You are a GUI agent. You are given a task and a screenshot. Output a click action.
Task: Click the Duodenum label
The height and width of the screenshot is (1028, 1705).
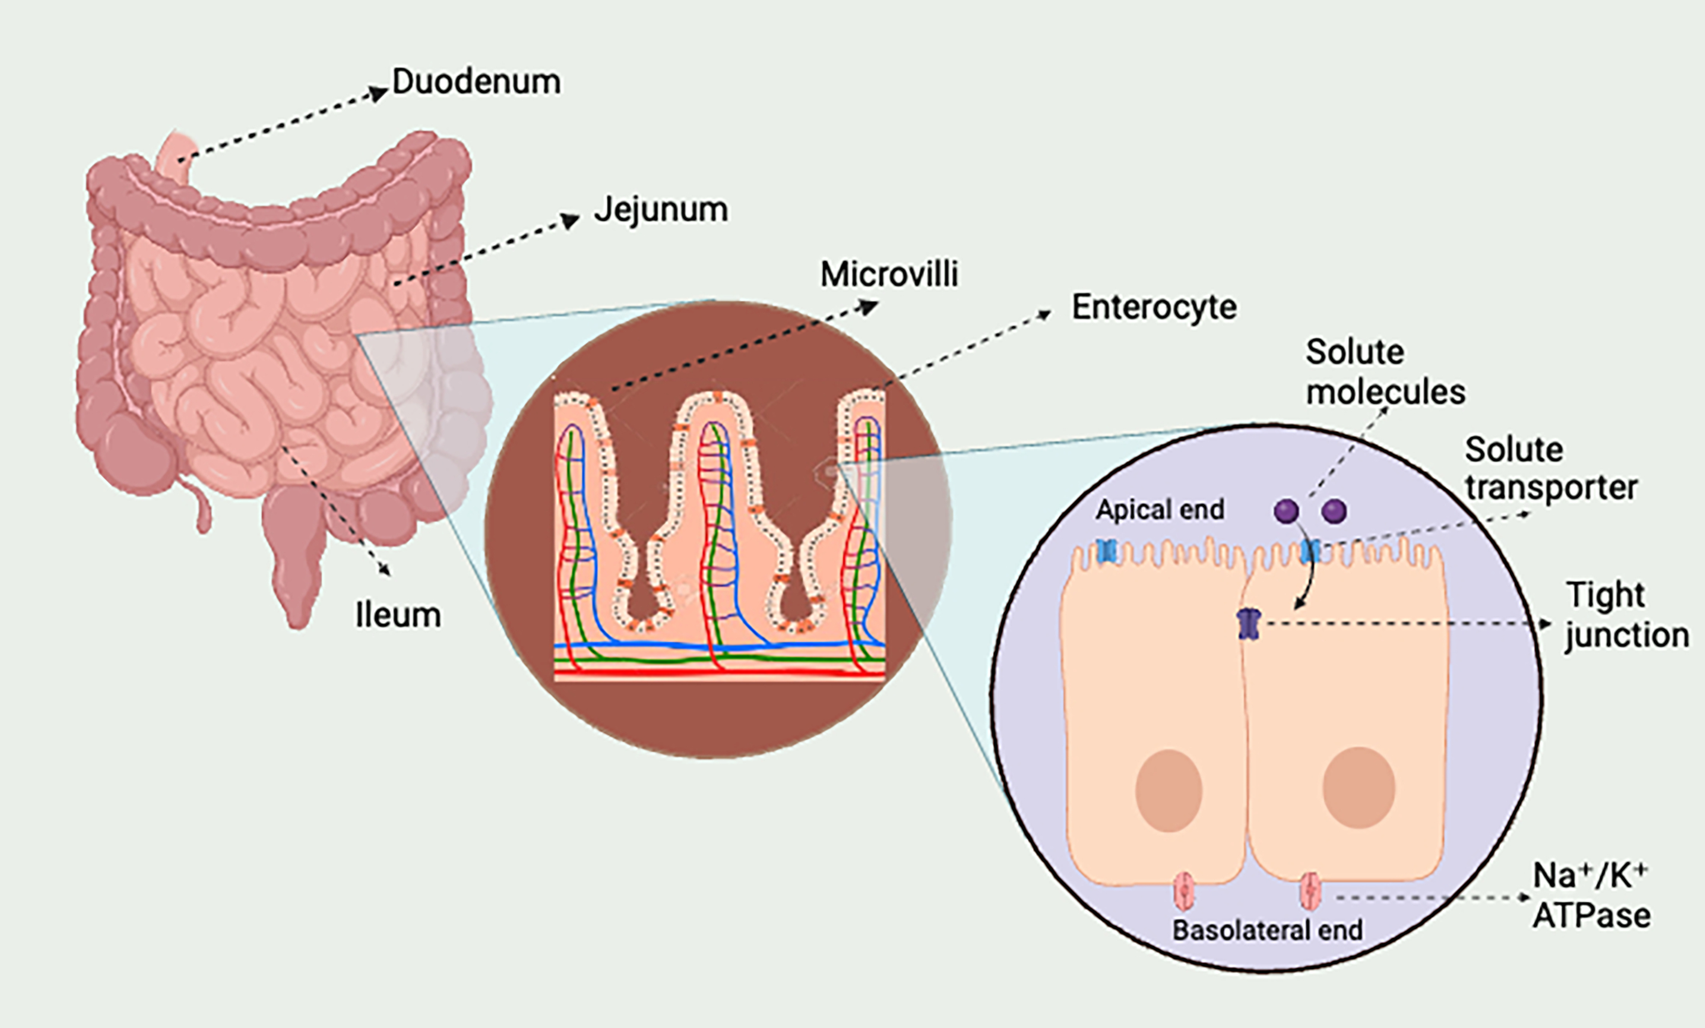click(477, 82)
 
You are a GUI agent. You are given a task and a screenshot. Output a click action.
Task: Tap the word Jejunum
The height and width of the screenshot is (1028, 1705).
click(661, 210)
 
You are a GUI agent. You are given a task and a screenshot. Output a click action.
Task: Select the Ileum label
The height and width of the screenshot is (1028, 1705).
click(398, 614)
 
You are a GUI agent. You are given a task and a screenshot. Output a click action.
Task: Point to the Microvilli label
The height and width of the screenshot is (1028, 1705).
click(889, 274)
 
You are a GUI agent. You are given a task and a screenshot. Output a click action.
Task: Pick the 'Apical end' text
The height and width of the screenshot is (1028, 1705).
click(1160, 510)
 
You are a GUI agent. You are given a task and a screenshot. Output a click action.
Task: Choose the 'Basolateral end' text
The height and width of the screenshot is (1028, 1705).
click(1267, 930)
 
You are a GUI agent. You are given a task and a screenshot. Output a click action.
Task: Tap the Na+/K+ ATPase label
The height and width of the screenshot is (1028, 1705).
click(1591, 895)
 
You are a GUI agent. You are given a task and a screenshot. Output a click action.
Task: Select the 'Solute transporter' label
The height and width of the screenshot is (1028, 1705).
click(1550, 468)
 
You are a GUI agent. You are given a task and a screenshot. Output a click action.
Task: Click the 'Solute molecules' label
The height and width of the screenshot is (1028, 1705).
click(1385, 372)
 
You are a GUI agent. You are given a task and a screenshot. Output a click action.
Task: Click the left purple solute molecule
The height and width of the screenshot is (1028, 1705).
click(1286, 511)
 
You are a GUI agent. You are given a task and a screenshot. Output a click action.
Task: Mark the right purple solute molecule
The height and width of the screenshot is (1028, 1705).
click(1334, 511)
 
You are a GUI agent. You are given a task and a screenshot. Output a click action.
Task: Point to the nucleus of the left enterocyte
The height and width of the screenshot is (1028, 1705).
click(1169, 790)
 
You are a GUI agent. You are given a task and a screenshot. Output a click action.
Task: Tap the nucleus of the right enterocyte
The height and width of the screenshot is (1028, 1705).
click(1359, 788)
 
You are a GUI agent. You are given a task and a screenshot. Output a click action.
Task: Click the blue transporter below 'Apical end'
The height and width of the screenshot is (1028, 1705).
click(1108, 551)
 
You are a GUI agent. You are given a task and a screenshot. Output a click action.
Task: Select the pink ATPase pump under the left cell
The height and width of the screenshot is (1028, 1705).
click(1185, 892)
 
